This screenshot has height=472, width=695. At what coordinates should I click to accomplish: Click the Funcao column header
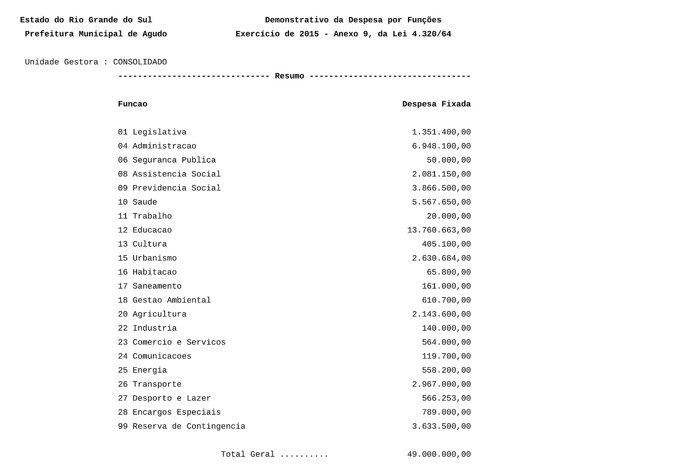coord(132,104)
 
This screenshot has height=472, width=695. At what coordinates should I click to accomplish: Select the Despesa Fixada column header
coord(436,104)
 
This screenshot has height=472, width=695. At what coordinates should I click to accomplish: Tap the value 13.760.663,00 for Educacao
coord(439,230)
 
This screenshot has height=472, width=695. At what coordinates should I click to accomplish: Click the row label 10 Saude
coord(137,202)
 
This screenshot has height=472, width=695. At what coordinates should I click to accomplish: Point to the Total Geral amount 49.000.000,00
coord(439,454)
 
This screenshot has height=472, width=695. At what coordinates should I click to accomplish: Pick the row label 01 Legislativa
coord(152,132)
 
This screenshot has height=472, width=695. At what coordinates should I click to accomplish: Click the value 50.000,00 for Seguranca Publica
coord(448,160)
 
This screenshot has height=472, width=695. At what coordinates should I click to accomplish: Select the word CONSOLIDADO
coord(140,62)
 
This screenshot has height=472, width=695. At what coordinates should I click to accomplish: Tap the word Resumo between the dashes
coord(289,76)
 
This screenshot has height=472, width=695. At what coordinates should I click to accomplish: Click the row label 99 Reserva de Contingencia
coord(182,427)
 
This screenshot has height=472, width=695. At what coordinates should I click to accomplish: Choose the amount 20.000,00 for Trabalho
coord(448,216)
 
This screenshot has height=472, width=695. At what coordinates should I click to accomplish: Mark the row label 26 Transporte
coord(150,385)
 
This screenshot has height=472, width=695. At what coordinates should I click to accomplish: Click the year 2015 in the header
coord(309,34)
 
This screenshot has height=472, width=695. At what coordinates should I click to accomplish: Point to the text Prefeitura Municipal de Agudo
coord(96,34)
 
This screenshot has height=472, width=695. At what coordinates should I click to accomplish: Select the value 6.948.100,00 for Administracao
coord(441,146)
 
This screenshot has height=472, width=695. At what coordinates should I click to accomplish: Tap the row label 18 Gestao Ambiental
coord(164,301)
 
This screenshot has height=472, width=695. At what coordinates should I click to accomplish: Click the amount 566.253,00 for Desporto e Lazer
coord(446,398)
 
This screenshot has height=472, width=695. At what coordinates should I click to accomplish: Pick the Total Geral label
coord(247,454)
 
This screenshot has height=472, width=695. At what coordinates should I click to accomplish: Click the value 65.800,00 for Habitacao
coord(448,272)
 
